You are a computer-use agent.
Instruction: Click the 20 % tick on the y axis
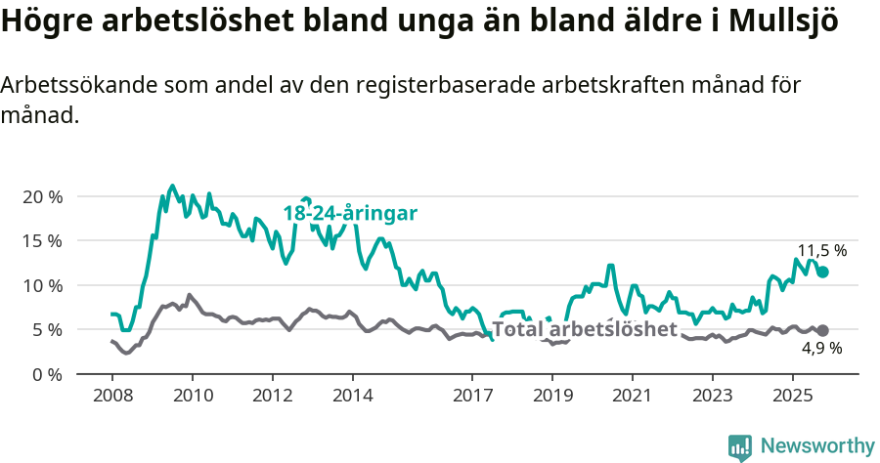(42, 196)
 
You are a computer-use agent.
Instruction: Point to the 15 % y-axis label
(42, 240)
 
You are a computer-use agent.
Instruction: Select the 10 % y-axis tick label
(42, 285)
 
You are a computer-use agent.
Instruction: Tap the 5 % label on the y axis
(47, 329)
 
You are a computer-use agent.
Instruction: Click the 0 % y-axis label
(47, 374)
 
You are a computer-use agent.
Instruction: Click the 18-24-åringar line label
(350, 213)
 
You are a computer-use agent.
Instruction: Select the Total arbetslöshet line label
(584, 328)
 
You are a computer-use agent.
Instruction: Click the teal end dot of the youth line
(823, 272)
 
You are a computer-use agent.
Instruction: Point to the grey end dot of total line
(823, 331)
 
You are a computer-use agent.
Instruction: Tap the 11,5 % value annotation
(821, 250)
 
